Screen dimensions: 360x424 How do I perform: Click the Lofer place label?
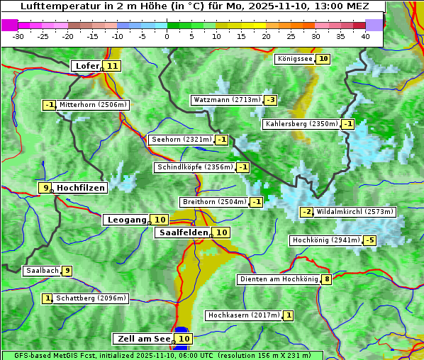pos(87,66)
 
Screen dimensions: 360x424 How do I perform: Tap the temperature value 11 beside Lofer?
pos(112,66)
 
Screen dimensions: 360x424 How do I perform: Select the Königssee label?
pos(295,59)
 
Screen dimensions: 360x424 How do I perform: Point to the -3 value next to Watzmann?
pos(271,100)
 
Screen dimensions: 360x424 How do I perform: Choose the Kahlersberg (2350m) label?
pos(301,124)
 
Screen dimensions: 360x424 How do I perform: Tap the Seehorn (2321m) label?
pos(182,140)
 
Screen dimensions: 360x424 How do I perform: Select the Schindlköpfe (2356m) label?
pos(194,167)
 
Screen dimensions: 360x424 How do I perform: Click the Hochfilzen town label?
pos(81,188)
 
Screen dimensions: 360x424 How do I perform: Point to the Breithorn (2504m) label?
pos(214,202)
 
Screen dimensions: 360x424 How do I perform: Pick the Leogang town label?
pos(127,220)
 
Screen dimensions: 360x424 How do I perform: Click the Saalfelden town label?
pos(183,232)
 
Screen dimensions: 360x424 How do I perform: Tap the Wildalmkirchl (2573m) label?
pos(355,212)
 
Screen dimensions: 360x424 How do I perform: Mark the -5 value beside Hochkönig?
pos(370,241)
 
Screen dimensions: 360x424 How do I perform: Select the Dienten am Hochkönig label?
pos(278,279)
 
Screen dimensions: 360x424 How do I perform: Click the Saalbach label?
pos(41,271)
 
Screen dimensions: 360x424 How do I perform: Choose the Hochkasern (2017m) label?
pos(243,315)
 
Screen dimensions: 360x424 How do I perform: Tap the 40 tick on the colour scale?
pos(365,36)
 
